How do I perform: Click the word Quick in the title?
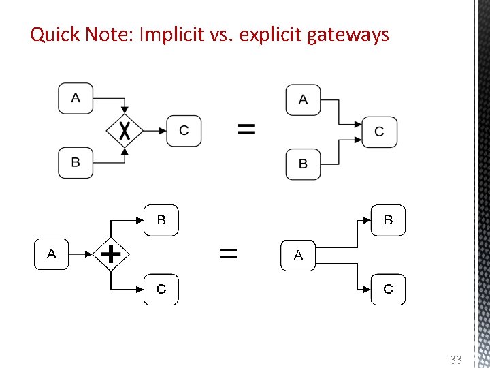(55, 34)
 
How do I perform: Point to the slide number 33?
(455, 359)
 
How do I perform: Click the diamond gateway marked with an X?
(124, 130)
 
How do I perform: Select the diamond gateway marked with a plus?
(110, 254)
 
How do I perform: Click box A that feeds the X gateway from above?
(76, 98)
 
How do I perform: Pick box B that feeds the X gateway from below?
(76, 163)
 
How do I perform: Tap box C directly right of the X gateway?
(184, 130)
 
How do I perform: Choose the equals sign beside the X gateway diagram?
(246, 129)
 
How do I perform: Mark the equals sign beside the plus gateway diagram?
(229, 254)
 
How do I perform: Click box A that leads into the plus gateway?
(52, 254)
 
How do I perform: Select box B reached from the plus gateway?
(161, 220)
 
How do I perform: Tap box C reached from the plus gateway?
(161, 289)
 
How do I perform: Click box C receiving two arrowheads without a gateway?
(379, 132)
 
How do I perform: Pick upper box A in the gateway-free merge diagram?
(303, 99)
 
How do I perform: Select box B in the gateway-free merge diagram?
(303, 164)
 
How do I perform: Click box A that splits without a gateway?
(298, 255)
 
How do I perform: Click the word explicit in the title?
(269, 34)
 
